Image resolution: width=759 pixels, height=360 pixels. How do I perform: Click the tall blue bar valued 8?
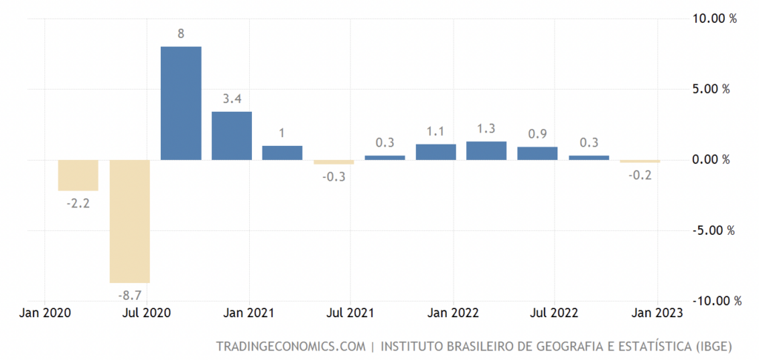click(181, 103)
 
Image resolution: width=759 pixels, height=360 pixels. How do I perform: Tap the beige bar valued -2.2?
click(79, 175)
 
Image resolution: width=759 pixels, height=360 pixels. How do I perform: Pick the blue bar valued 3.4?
click(231, 136)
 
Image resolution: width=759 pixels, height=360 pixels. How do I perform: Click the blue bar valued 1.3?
click(486, 150)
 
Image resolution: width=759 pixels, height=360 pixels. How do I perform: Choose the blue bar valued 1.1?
click(436, 152)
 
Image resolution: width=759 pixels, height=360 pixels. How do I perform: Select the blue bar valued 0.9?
click(537, 153)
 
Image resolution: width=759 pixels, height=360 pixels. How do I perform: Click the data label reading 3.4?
click(232, 99)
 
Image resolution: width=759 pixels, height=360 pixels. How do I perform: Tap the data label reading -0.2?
click(640, 176)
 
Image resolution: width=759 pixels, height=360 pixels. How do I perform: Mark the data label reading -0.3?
click(334, 178)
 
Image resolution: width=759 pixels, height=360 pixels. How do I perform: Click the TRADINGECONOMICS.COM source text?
click(291, 346)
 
